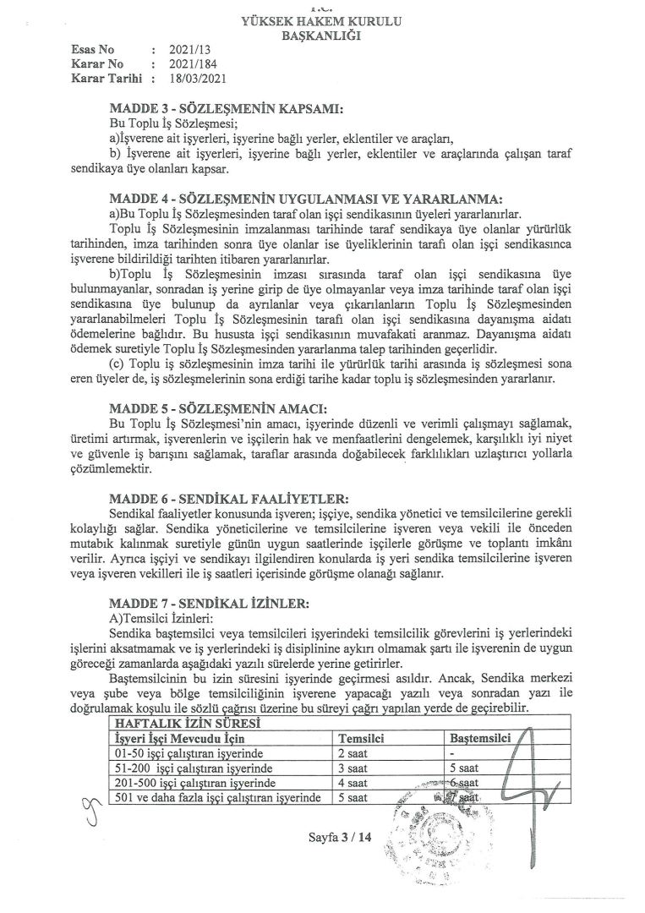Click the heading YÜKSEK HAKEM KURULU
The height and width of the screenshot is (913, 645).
click(322, 20)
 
